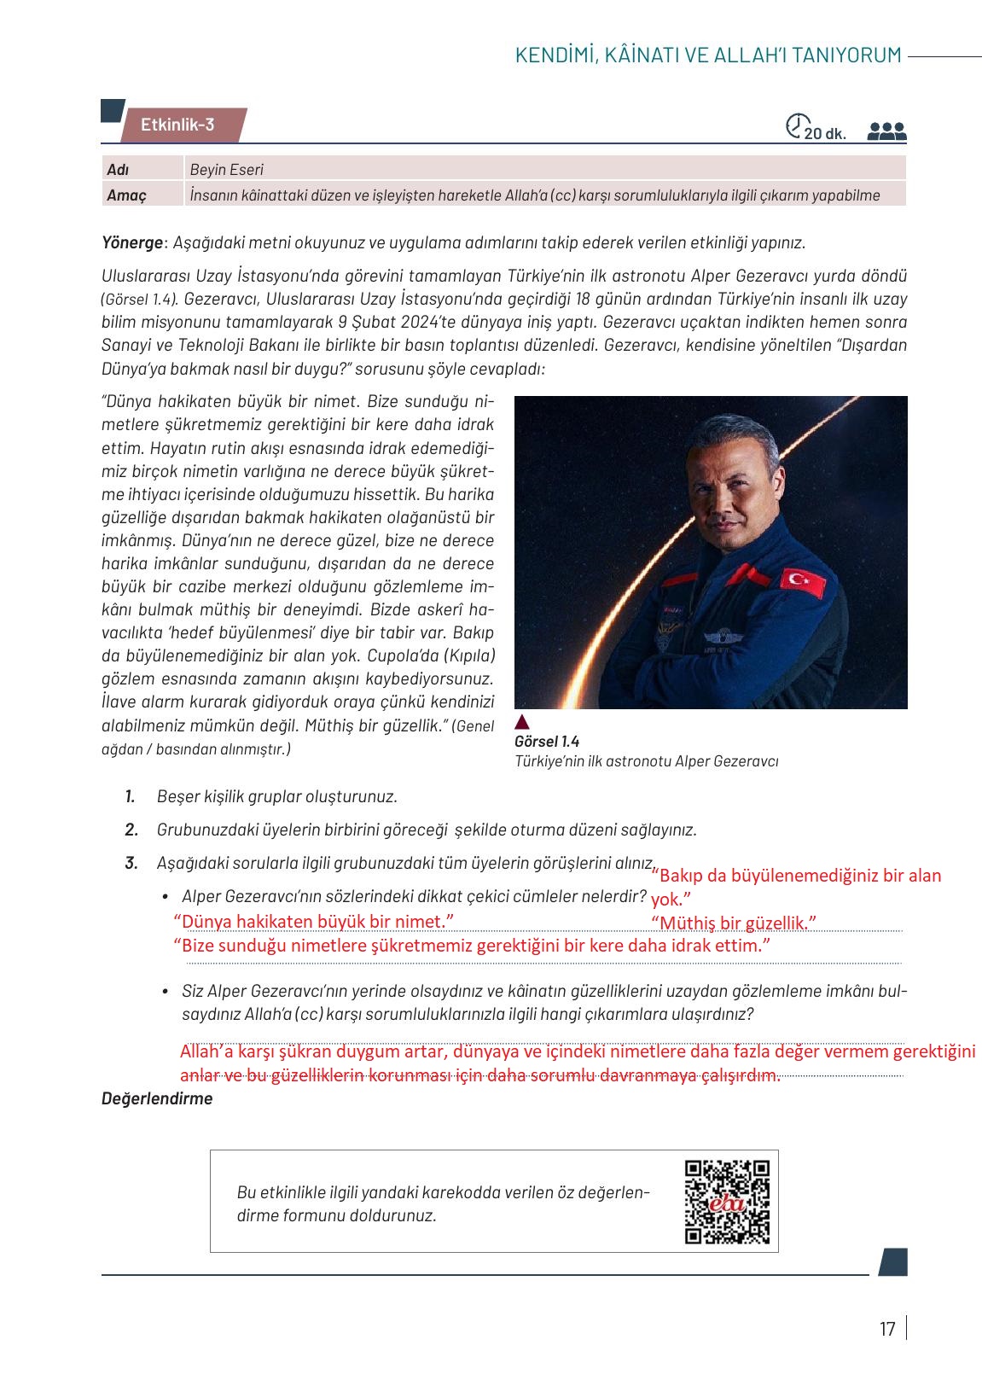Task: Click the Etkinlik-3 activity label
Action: point(177,125)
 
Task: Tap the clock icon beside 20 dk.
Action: point(795,125)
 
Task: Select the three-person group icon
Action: point(886,131)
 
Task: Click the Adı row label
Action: point(118,170)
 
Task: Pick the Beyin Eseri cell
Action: point(227,170)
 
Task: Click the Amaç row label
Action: point(126,195)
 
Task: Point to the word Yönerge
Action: point(131,242)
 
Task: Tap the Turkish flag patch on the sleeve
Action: point(803,582)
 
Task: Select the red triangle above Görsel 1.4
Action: point(523,722)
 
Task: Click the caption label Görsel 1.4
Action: point(547,742)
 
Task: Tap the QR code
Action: point(727,1202)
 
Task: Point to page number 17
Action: point(887,1329)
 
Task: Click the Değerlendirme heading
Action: point(157,1098)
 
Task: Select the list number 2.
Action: point(131,830)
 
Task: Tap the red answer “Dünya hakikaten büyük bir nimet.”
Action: point(313,922)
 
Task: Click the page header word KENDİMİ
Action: point(552,55)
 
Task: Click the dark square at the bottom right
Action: point(892,1262)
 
